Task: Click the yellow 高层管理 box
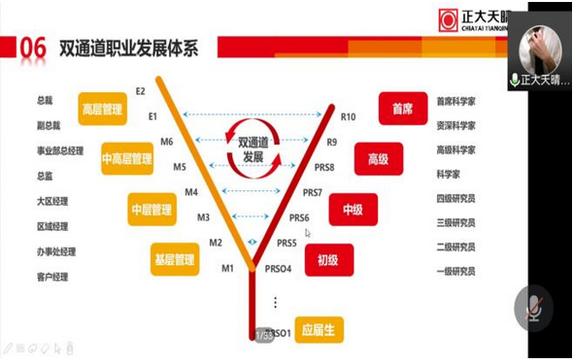102,110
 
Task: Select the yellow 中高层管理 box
126,159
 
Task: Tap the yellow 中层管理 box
152,209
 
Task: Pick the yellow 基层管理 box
175,259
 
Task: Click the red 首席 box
402,109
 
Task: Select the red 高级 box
378,159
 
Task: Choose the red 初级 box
328,259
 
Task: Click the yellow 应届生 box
320,329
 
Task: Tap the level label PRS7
312,192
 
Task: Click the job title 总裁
45,100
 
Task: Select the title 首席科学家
455,100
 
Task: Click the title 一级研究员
455,272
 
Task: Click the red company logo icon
448,20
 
